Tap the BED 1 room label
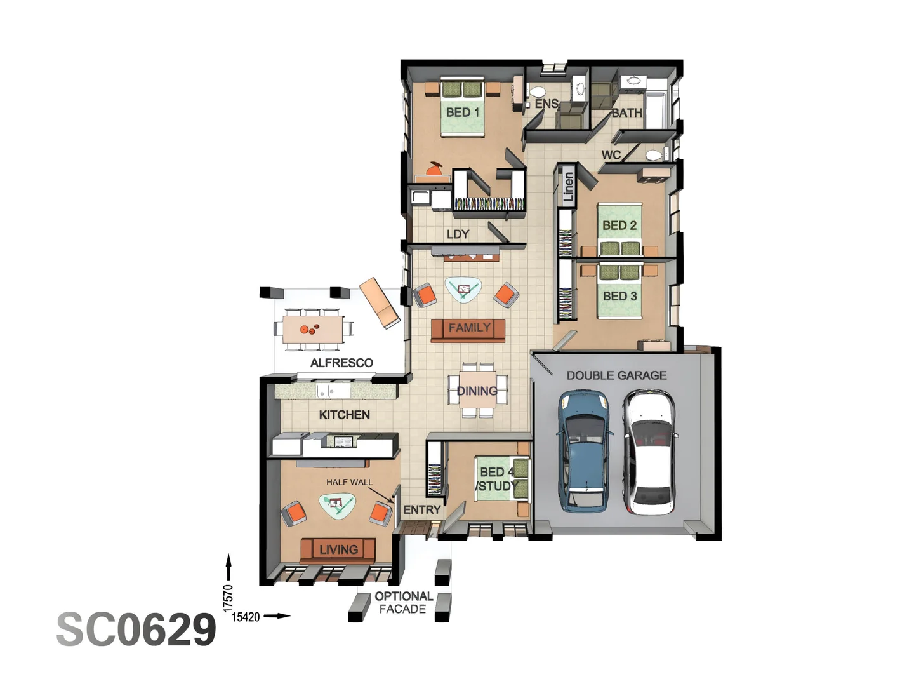pos(462,112)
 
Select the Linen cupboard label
pos(568,187)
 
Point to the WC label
pos(611,155)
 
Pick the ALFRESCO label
pos(341,363)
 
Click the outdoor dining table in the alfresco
pos(313,329)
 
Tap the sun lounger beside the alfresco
pos(380,302)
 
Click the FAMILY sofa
pos(468,330)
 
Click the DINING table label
pos(477,391)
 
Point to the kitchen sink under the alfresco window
pos(328,391)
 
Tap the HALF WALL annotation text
pos(349,482)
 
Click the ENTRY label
pos(422,509)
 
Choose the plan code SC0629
pos(136,629)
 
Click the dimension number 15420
pos(246,617)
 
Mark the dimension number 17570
pos(228,598)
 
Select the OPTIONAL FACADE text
pos(404,603)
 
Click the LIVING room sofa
pos(338,551)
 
